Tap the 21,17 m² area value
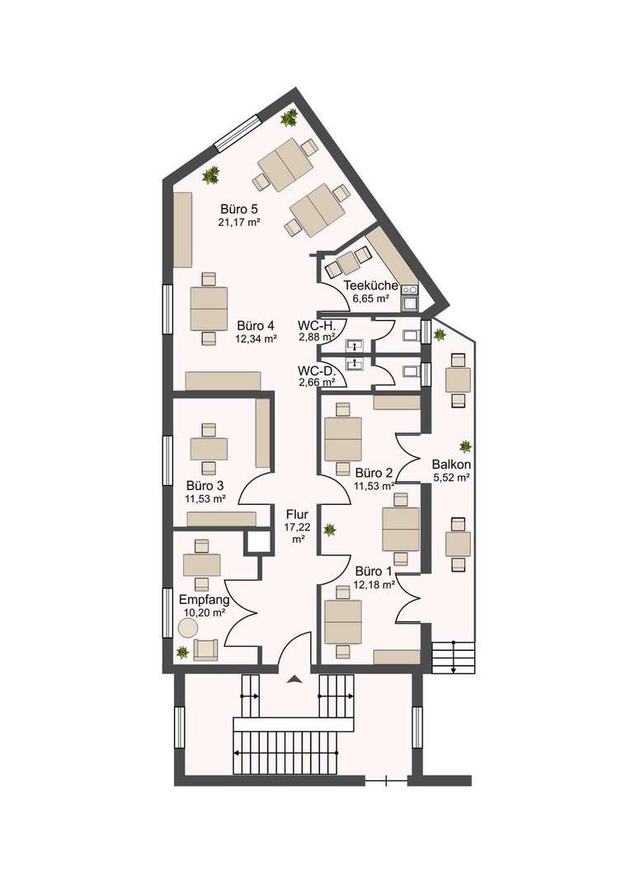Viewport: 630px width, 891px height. click(x=240, y=223)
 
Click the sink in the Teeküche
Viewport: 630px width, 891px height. click(x=409, y=293)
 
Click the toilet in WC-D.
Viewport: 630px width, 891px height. click(x=410, y=374)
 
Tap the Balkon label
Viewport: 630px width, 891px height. click(x=450, y=464)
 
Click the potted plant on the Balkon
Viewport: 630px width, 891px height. click(x=466, y=446)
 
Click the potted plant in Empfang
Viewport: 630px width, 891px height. click(x=182, y=652)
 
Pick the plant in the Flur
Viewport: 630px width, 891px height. click(x=330, y=530)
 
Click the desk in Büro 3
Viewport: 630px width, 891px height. click(x=209, y=448)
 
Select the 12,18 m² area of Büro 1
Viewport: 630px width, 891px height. click(x=375, y=584)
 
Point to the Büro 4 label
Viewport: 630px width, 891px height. click(x=254, y=324)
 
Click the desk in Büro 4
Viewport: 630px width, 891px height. click(x=209, y=308)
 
